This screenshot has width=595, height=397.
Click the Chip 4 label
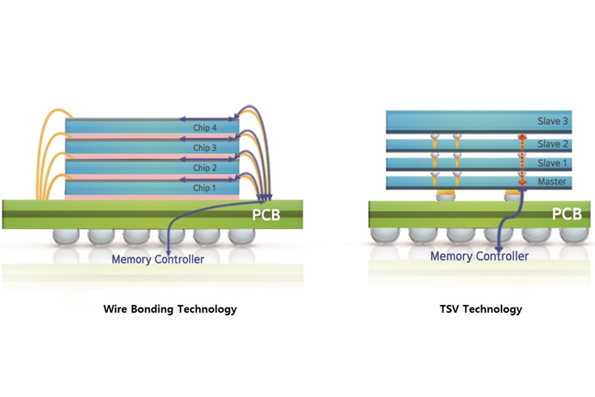tap(205, 128)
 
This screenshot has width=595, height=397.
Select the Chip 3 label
tap(205, 148)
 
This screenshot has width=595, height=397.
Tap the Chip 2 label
tap(205, 168)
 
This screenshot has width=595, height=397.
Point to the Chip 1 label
tap(205, 188)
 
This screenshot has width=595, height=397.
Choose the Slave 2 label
tap(553, 144)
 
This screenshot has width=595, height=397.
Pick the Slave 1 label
tap(553, 164)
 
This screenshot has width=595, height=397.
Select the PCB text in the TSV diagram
tap(567, 214)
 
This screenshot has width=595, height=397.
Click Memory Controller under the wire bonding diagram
tap(158, 259)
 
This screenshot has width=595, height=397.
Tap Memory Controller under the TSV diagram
tap(480, 256)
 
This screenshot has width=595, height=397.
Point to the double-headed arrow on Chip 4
tap(209, 118)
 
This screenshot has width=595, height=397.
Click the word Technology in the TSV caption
tap(498, 309)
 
